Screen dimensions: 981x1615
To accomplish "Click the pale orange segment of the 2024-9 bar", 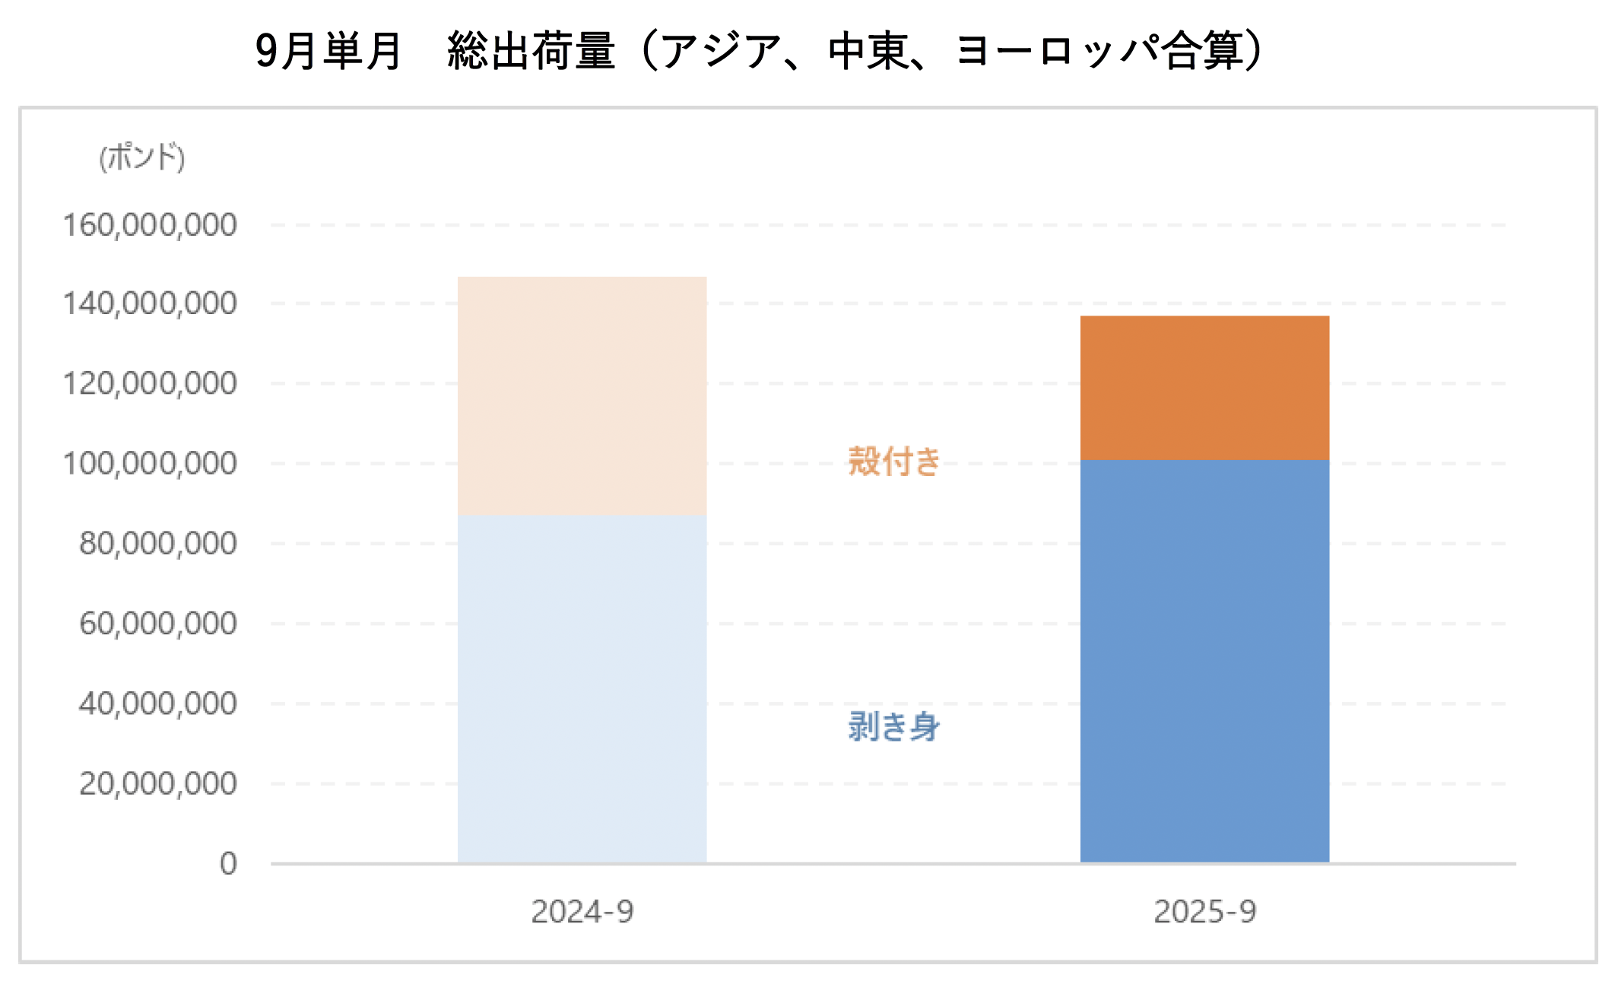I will click(x=582, y=395).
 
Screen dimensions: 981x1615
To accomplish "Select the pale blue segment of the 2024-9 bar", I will click(x=582, y=688).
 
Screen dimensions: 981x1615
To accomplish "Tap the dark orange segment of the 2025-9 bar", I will click(x=1204, y=388).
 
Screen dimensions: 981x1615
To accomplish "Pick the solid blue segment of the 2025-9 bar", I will click(x=1204, y=662).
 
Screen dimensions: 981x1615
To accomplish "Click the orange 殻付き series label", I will click(x=894, y=462).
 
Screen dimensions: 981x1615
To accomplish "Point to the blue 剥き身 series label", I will click(x=894, y=726).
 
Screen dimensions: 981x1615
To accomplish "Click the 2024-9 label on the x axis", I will click(x=582, y=912).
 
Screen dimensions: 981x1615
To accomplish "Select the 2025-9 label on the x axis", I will click(x=1205, y=912).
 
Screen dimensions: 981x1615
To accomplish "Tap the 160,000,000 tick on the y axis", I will click(x=150, y=226).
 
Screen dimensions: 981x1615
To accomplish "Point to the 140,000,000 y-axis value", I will click(x=150, y=304).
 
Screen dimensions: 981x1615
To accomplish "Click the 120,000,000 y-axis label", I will click(x=150, y=384).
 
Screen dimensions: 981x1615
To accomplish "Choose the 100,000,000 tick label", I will click(x=150, y=464).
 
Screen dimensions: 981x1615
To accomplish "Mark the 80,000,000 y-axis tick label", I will click(x=158, y=544).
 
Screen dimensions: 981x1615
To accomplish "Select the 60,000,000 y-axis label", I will click(x=158, y=624).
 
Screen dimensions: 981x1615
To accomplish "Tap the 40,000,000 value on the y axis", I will click(x=158, y=703).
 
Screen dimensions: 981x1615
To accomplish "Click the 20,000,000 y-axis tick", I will click(x=158, y=783).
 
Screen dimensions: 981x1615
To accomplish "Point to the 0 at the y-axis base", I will click(x=228, y=864).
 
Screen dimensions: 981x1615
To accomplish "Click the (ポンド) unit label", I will click(x=142, y=157).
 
